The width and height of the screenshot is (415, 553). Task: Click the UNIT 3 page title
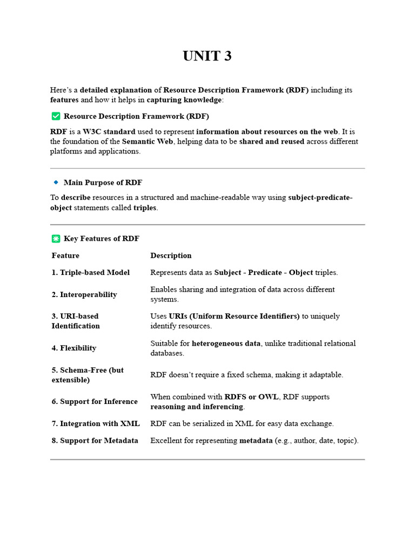[207, 56]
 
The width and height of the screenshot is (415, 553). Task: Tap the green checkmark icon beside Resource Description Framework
[56, 116]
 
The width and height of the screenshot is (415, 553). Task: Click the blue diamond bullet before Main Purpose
[56, 183]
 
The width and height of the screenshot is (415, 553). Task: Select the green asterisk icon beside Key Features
[56, 239]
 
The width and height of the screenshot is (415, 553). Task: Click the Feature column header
[65, 255]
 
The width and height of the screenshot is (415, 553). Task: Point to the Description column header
[171, 255]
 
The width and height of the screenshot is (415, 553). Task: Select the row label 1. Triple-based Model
[91, 273]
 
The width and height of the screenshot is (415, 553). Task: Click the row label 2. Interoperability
[84, 294]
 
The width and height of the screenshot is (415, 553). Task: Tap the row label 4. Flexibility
[74, 348]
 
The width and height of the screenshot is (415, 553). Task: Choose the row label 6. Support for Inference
[95, 402]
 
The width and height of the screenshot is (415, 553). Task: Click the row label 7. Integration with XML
[96, 423]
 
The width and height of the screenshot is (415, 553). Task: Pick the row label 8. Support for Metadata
[95, 441]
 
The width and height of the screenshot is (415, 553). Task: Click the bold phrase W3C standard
[109, 132]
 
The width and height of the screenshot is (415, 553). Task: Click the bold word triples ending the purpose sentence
[145, 208]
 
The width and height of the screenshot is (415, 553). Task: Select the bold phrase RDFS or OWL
[251, 397]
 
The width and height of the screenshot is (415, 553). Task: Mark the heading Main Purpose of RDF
[103, 183]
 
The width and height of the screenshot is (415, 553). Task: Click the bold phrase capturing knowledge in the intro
[184, 100]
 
